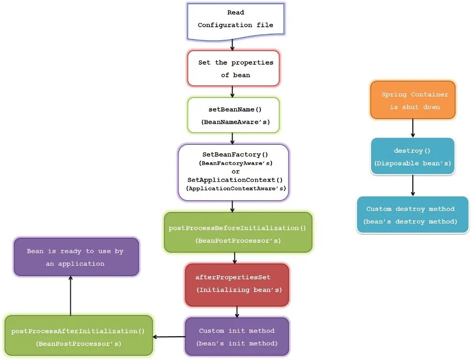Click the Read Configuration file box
[x=235, y=19]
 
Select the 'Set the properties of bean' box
[x=234, y=68]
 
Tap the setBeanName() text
[x=235, y=109]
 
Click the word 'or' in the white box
[x=235, y=172]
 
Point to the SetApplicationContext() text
[x=235, y=180]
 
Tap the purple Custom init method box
[x=237, y=337]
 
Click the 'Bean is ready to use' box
[x=76, y=257]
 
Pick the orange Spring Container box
[x=413, y=100]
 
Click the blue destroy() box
[x=412, y=156]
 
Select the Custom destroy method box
[x=412, y=215]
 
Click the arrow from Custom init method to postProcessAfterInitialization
[x=169, y=337]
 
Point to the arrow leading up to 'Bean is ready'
[x=70, y=295]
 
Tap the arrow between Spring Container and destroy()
[x=413, y=128]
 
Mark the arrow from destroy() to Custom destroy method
[x=413, y=185]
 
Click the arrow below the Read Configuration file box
[x=232, y=45]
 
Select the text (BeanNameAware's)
[x=234, y=122]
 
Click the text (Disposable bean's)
[x=412, y=164]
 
